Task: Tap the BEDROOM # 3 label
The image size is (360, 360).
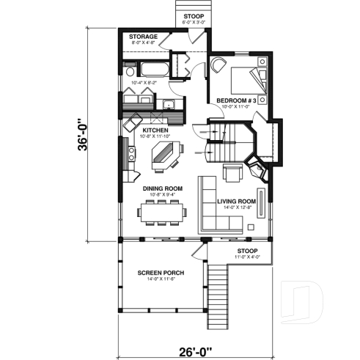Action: [235, 100]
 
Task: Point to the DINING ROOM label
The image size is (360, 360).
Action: [162, 188]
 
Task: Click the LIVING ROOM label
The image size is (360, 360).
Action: [237, 201]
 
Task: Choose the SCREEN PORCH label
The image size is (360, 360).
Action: [161, 273]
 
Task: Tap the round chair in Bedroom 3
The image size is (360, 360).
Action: [218, 65]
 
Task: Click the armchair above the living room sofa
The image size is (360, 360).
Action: [232, 173]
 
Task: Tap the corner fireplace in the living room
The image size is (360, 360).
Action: [257, 169]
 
